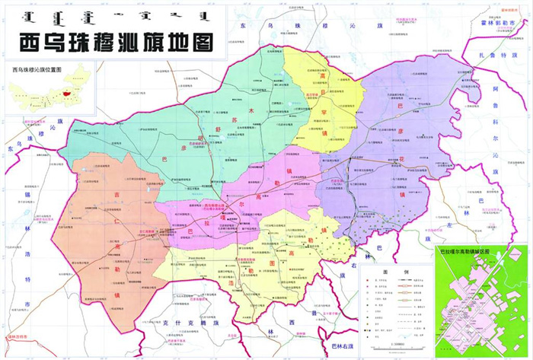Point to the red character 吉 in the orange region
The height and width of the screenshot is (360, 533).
tap(116, 195)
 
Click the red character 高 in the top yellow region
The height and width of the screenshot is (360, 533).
tap(321, 76)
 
